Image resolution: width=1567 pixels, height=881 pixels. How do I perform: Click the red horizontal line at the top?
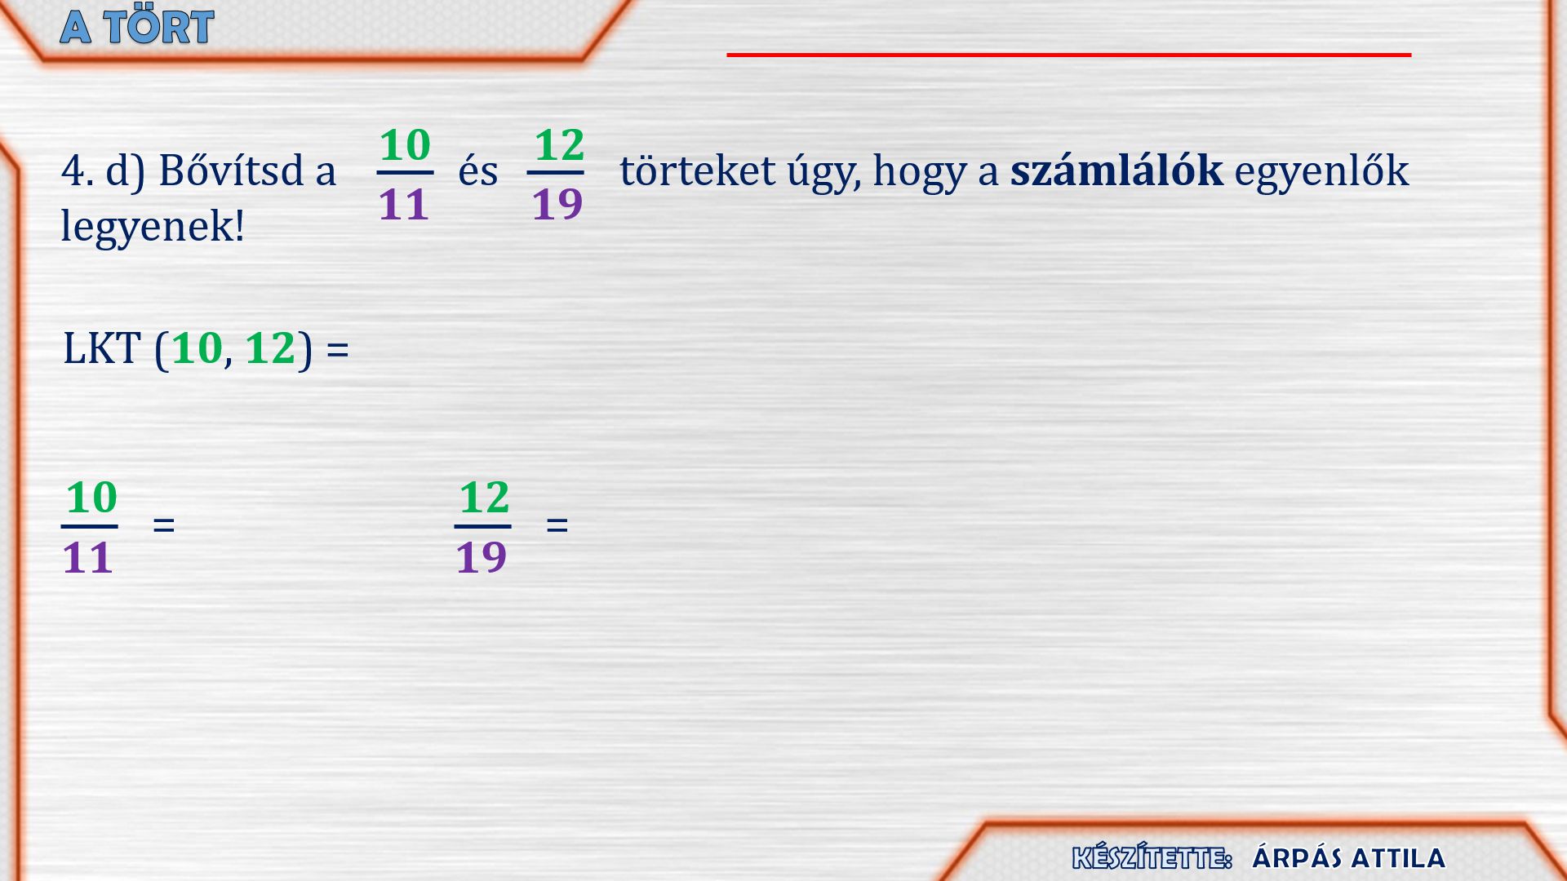[x=1068, y=55]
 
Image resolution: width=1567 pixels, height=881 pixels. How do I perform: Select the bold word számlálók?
[x=1116, y=170]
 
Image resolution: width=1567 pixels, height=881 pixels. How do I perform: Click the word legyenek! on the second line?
[x=153, y=226]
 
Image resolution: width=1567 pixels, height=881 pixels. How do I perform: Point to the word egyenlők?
[x=1321, y=172]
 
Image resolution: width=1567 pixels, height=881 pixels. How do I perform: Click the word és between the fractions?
[x=478, y=171]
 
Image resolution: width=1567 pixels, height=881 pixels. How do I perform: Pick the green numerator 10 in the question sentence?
[x=405, y=145]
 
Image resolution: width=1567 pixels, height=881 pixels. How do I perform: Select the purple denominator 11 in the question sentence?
[x=404, y=204]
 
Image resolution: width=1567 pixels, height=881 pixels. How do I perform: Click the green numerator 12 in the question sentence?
[x=559, y=145]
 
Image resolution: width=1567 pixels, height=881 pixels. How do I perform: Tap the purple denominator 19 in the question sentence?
[x=557, y=204]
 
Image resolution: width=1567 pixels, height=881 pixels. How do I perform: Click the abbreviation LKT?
[x=102, y=348]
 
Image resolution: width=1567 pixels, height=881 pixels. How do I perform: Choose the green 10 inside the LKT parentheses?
[x=197, y=348]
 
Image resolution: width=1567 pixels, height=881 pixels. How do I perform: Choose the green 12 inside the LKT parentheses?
[x=270, y=348]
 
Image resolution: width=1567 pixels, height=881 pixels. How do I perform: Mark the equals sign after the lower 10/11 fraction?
[x=164, y=525]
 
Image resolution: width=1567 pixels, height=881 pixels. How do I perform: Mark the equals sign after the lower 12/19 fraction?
[x=557, y=525]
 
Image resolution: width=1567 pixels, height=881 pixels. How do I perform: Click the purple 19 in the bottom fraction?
[x=482, y=558]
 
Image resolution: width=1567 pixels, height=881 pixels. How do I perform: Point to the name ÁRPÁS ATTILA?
[x=1348, y=858]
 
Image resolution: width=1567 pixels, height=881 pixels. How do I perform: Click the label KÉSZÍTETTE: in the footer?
[x=1152, y=857]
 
